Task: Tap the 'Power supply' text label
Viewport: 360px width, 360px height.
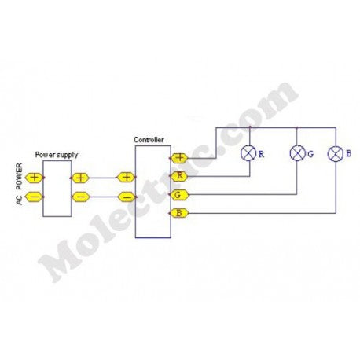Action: [57, 155]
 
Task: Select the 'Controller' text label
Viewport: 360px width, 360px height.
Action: [149, 140]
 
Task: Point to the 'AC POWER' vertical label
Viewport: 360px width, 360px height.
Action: [20, 184]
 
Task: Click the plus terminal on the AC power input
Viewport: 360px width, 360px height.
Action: [34, 178]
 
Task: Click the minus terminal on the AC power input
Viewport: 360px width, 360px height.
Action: [34, 197]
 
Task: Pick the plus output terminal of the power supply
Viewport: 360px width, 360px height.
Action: [80, 178]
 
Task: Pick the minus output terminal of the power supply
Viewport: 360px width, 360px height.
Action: [80, 197]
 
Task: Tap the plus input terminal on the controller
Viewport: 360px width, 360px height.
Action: [126, 178]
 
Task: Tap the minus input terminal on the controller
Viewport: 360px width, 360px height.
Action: [127, 197]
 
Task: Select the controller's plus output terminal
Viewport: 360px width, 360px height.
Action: [179, 158]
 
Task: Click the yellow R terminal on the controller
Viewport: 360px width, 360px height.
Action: [179, 176]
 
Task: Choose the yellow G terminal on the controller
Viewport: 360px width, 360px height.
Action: [179, 195]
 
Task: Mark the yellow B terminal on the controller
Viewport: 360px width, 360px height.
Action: [179, 213]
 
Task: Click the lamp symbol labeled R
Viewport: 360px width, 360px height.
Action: [248, 153]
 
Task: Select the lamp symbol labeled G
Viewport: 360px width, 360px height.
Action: [298, 153]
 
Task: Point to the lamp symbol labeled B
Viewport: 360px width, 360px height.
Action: [336, 153]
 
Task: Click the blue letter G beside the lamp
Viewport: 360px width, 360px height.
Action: [310, 154]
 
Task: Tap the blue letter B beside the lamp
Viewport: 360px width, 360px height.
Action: [348, 153]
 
